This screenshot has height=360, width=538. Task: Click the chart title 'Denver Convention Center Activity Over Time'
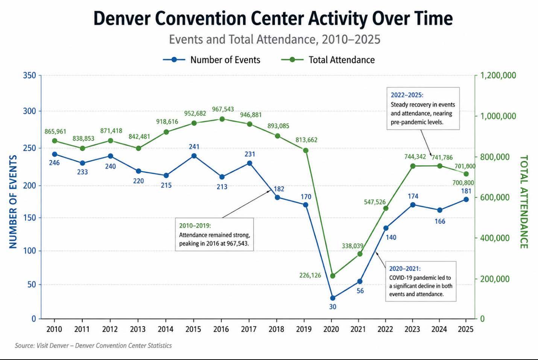tap(273, 19)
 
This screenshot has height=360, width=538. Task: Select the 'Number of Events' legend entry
tap(211, 60)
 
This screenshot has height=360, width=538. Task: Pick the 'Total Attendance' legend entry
tap(328, 60)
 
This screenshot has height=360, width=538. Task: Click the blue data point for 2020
tap(333, 298)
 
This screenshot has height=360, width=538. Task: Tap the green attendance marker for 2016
tap(222, 119)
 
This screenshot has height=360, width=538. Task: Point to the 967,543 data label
tap(223, 109)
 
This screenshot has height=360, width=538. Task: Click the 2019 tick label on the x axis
tap(304, 329)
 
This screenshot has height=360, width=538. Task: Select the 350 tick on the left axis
tap(29, 75)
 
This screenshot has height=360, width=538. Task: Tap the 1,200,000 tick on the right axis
tap(498, 75)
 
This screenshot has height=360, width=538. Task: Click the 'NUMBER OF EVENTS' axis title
tap(13, 202)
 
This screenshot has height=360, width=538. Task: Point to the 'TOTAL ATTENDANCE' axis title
tap(524, 202)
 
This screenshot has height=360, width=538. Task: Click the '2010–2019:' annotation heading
tap(195, 226)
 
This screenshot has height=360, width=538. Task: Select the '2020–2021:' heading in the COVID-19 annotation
tap(405, 268)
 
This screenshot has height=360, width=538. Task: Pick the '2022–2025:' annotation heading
tap(407, 95)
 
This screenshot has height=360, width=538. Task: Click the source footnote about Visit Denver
tap(93, 346)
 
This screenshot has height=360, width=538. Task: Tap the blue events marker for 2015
tap(194, 156)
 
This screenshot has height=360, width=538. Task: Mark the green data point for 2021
tap(360, 254)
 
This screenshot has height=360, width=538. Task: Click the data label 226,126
tap(310, 275)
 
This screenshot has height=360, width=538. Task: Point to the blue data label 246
tap(54, 163)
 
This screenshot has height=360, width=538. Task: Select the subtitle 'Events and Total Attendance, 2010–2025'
tap(275, 39)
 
